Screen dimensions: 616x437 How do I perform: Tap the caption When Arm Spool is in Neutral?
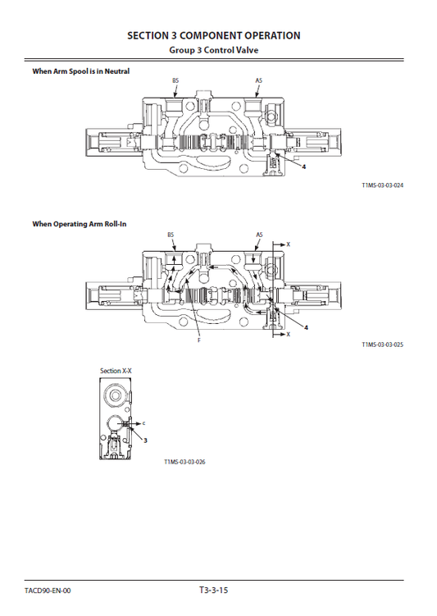[x=80, y=71]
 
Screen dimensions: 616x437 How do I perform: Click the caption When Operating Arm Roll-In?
[x=80, y=223]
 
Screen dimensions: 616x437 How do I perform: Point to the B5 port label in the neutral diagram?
[x=175, y=80]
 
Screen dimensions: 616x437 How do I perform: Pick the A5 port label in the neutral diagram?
[x=258, y=80]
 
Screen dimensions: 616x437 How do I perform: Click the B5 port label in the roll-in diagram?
[x=171, y=235]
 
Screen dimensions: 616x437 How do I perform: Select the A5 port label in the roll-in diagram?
[x=259, y=235]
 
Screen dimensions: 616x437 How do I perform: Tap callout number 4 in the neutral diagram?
[x=304, y=167]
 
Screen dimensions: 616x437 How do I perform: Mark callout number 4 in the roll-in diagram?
[x=306, y=327]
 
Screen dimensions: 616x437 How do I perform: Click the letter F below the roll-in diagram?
[x=198, y=340]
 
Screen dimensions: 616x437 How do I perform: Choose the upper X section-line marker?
[x=288, y=244]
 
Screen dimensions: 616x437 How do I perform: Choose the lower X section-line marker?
[x=288, y=335]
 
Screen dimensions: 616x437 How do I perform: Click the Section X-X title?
[x=116, y=372]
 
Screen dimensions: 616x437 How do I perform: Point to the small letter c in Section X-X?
[x=143, y=423]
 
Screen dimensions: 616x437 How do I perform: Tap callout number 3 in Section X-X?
[x=146, y=440]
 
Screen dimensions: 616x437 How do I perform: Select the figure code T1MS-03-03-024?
[x=382, y=185]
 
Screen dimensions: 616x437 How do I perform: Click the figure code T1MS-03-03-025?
[x=382, y=345]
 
